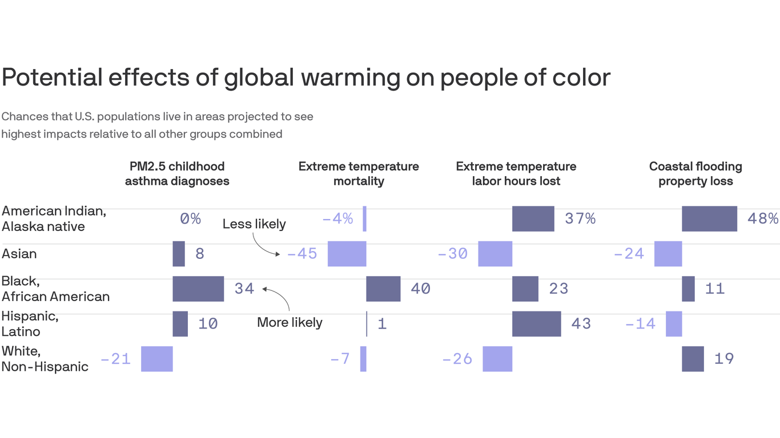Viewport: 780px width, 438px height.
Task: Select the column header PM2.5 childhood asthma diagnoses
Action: [177, 174]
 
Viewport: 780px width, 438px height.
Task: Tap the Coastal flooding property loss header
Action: [695, 174]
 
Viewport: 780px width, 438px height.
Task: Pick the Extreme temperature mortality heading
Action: [359, 174]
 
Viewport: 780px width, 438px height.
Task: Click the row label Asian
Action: [19, 254]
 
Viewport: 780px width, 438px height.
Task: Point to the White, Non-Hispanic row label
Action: [45, 359]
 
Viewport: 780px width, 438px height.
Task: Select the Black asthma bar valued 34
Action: [198, 289]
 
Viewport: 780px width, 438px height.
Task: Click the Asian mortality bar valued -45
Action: [347, 254]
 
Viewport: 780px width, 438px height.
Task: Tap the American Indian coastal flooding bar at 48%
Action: [709, 219]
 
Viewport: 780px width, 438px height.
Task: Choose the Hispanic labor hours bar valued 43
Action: [536, 323]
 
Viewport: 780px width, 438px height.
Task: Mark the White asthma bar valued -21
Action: [157, 359]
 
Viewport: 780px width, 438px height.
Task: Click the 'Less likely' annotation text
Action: [254, 224]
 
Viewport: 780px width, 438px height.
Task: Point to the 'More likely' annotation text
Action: [290, 322]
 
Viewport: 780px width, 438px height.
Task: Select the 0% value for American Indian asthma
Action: [190, 219]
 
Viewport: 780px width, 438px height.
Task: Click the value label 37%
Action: [580, 219]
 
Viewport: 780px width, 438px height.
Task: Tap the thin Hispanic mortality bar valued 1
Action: [367, 323]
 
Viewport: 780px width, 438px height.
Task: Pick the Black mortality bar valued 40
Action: [383, 289]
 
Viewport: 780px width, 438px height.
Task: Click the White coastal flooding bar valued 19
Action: [693, 359]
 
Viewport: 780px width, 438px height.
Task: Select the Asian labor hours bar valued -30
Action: [495, 254]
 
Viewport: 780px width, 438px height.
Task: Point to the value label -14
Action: [640, 324]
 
